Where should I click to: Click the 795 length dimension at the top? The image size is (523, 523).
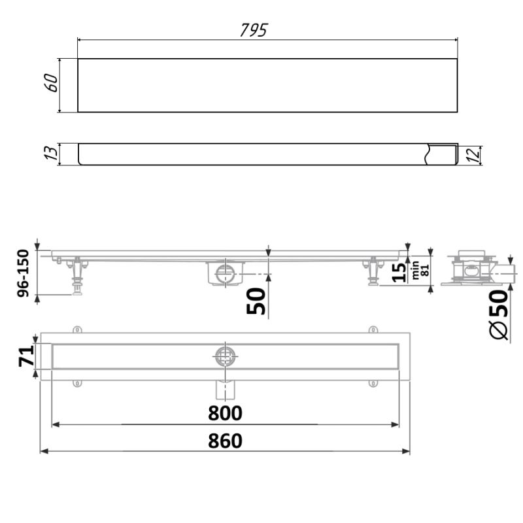pyautogui.click(x=253, y=30)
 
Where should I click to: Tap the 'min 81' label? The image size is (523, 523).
pyautogui.click(x=419, y=271)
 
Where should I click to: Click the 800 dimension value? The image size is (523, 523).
pyautogui.click(x=226, y=413)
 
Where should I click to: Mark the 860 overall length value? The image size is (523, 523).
pyautogui.click(x=226, y=441)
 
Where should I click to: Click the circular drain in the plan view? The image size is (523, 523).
pyautogui.click(x=225, y=356)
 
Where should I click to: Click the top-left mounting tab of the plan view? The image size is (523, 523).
pyautogui.click(x=77, y=329)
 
